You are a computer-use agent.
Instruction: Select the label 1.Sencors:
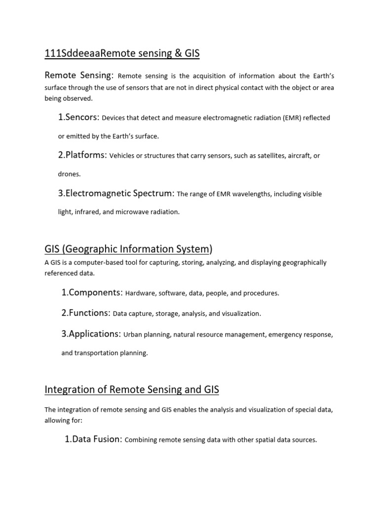click(79, 117)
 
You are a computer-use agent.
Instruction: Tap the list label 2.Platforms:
click(82, 155)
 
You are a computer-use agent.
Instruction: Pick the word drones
click(69, 174)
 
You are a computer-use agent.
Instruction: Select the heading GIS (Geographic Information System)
click(128, 249)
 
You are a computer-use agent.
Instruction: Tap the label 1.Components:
click(92, 293)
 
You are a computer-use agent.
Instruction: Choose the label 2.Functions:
click(86, 313)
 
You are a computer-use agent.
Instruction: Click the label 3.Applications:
click(91, 334)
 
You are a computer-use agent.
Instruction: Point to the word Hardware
click(140, 293)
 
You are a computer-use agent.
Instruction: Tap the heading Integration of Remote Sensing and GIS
click(132, 390)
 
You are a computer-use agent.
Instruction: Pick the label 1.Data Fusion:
click(93, 439)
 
